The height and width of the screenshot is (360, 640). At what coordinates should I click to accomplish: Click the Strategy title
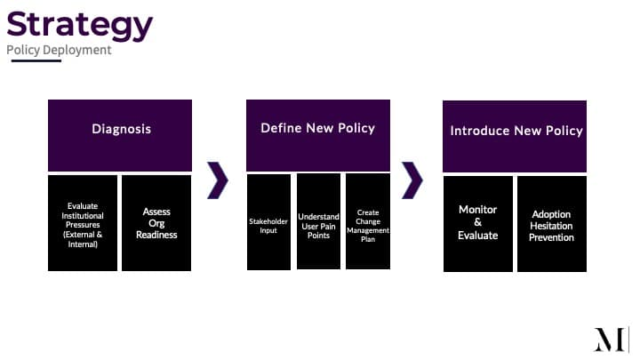tap(80, 25)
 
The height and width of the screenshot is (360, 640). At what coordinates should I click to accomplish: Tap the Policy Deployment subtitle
tap(59, 50)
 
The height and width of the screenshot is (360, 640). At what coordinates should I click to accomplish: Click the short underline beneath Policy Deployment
tap(36, 60)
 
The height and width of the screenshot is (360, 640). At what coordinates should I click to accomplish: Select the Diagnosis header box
tap(120, 135)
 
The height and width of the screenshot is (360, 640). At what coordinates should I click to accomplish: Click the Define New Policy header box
tap(318, 135)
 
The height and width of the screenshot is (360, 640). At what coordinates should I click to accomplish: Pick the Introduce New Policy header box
tap(515, 136)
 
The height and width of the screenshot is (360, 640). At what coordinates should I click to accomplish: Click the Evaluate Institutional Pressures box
tap(83, 223)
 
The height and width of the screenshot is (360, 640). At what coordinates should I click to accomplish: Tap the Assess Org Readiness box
tap(156, 223)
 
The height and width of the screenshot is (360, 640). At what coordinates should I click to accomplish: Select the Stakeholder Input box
tap(268, 222)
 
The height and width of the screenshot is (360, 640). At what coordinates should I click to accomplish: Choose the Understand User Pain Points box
tap(318, 221)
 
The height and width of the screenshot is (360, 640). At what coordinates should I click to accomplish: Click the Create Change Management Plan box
tap(368, 221)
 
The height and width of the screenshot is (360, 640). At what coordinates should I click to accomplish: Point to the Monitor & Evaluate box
tap(478, 224)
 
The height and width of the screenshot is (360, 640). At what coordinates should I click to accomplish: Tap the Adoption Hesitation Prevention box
tap(552, 224)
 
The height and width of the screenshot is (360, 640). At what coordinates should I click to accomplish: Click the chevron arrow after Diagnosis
tap(218, 180)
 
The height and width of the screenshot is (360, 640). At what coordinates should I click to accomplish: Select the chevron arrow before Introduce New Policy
tap(412, 180)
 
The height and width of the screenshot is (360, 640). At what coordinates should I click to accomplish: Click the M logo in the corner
tap(611, 340)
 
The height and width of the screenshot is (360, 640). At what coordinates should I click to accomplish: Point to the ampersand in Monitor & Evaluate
tap(478, 222)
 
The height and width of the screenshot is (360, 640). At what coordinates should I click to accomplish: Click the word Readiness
tap(156, 235)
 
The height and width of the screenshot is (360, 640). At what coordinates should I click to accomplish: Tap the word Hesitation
tap(551, 226)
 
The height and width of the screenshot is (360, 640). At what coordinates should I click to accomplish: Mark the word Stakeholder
tap(268, 221)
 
